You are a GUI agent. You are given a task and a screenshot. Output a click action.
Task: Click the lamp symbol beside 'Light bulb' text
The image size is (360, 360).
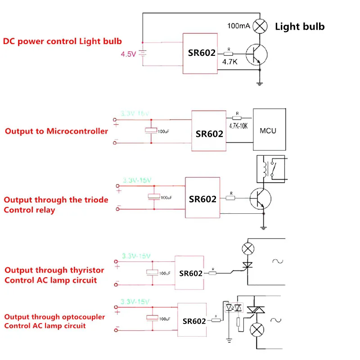click(x=260, y=26)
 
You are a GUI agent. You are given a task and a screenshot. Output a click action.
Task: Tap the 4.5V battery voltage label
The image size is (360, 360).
click(x=128, y=54)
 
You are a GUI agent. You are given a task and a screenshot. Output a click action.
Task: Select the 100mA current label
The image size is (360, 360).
click(x=238, y=26)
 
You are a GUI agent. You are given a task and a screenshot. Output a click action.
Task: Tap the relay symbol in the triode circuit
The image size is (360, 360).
click(x=270, y=168)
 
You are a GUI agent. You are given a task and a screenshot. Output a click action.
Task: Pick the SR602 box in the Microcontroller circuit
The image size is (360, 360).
click(x=209, y=131)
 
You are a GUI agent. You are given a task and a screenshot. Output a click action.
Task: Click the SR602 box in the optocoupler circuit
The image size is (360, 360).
click(x=194, y=320)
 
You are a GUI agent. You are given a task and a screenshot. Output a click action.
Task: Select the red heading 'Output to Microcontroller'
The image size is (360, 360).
click(x=56, y=131)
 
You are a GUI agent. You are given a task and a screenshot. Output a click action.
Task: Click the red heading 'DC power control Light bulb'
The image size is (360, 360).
click(x=63, y=41)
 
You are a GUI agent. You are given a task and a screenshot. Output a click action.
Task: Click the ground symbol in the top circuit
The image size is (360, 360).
click(x=260, y=82)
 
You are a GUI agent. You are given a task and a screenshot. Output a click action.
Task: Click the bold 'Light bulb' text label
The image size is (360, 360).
click(x=300, y=26)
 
